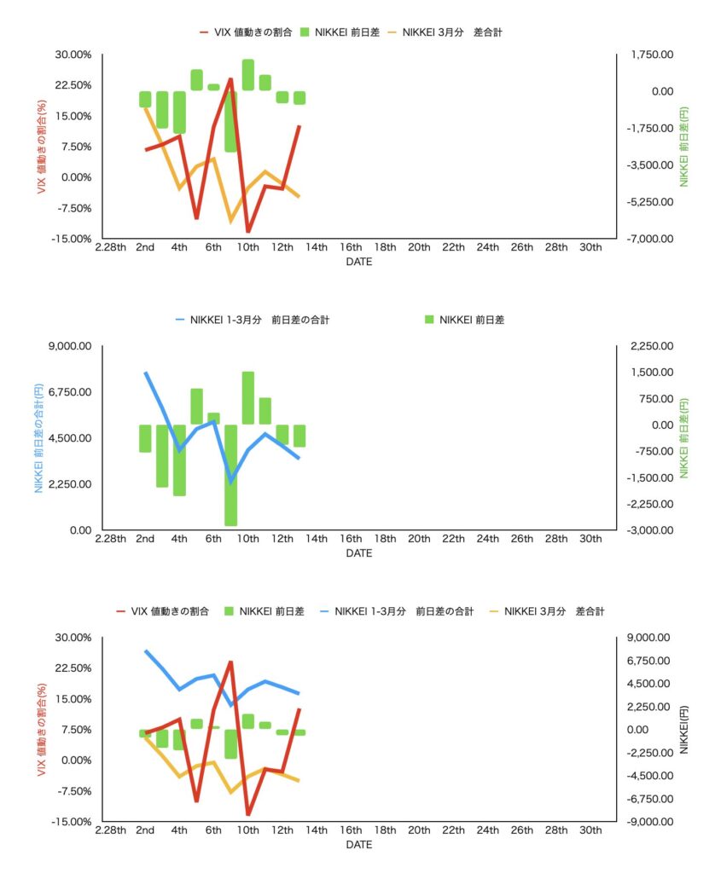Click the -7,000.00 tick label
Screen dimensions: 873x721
point(649,239)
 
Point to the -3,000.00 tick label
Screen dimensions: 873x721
point(649,530)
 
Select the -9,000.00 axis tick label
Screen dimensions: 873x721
point(649,822)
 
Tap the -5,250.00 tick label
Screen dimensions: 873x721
point(649,202)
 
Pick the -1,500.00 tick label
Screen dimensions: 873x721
point(649,477)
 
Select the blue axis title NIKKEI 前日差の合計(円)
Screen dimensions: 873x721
point(39,438)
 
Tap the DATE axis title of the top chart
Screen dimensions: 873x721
point(358,263)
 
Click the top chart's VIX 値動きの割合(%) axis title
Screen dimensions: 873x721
point(39,147)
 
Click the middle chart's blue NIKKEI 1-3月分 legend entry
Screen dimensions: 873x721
point(252,320)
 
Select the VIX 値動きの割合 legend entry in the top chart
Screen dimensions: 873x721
point(245,32)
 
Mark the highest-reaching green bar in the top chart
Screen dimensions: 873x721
point(247,74)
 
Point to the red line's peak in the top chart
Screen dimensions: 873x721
point(230,80)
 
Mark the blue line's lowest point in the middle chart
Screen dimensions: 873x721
point(230,482)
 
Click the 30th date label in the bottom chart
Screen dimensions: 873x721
point(590,830)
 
